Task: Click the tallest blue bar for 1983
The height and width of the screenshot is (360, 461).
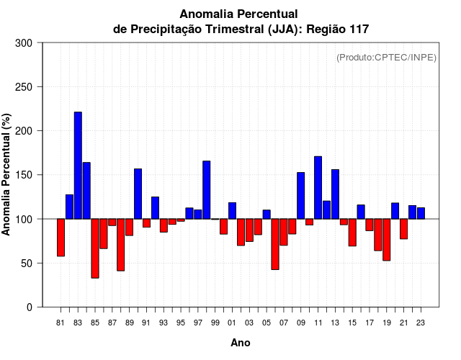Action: (x=78, y=166)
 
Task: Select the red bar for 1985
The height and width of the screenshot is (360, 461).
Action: (x=95, y=248)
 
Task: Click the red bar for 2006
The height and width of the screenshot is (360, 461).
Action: (x=275, y=244)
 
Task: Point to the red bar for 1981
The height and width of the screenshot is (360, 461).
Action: (x=61, y=238)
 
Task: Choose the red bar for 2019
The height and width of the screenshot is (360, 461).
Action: (x=386, y=240)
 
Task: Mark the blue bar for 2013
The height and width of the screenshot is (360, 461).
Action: (x=335, y=194)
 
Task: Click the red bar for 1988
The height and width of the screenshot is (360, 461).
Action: (x=120, y=245)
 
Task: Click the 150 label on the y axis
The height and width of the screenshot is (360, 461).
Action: (x=24, y=175)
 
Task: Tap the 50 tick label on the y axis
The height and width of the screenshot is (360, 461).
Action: (x=27, y=264)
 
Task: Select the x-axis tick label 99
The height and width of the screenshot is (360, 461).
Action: (x=215, y=323)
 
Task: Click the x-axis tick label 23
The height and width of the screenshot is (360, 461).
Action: (x=421, y=323)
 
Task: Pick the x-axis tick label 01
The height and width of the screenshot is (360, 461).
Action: (x=232, y=323)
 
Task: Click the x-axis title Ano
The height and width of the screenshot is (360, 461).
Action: (x=241, y=343)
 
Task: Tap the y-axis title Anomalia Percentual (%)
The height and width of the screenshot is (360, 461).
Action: (x=7, y=175)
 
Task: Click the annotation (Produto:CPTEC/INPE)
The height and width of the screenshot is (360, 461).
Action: (x=386, y=58)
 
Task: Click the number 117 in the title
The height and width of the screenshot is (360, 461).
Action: (x=358, y=30)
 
